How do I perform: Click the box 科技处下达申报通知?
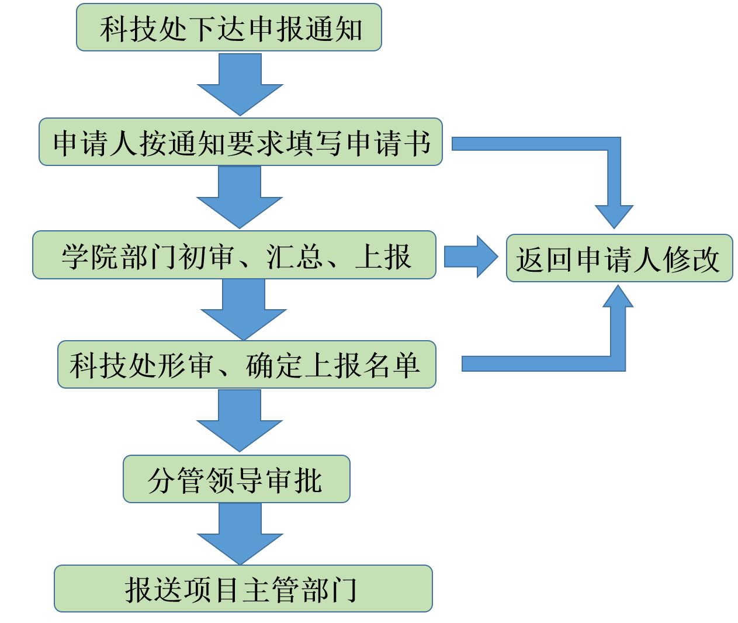228,27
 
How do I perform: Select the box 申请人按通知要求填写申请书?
240,142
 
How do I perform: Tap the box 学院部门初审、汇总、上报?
234,255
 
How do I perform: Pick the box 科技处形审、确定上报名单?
246,365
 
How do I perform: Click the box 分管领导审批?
236,479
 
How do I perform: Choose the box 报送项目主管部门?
243,589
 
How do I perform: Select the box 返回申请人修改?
619,258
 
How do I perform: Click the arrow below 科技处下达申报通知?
240,85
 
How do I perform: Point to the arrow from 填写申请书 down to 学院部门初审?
240,198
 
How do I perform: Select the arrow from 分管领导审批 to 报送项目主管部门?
240,534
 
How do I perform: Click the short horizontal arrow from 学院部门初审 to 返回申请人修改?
470,257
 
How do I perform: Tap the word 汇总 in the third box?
294,256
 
